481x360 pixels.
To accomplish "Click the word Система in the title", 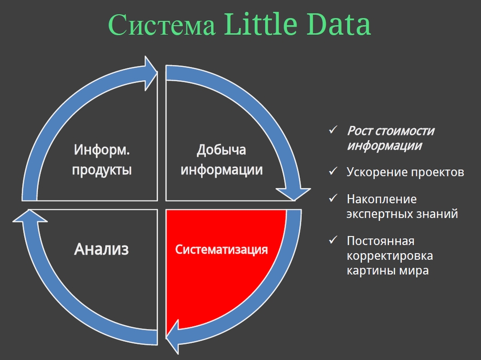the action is [161, 25].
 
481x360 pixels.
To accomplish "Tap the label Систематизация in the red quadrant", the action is [221, 249].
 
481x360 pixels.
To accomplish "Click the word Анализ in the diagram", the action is [101, 249].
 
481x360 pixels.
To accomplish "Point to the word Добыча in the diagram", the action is [221, 150].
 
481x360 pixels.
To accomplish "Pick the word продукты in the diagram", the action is [102, 170].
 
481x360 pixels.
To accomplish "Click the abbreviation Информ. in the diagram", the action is [102, 150].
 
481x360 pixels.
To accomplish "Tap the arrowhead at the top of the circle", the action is [151, 73].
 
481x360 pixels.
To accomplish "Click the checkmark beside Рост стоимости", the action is [333, 130].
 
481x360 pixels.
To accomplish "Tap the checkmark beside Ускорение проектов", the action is [333, 171].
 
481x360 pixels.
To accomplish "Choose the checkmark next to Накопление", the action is [333, 198].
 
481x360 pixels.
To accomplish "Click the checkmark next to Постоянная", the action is [333, 240].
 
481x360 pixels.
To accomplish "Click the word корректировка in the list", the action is [390, 256].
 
